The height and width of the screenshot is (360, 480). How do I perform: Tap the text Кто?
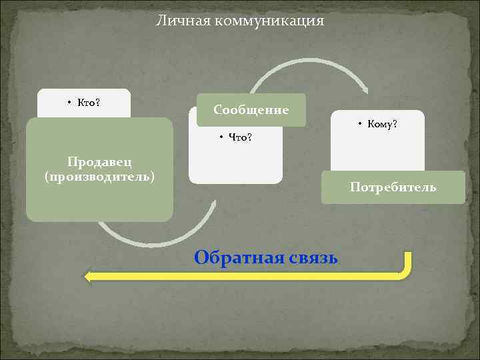[88, 102]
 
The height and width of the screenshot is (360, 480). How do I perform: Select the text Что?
[241, 138]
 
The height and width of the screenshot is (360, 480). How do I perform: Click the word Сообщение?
[251, 109]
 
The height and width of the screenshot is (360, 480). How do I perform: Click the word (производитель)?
[99, 177]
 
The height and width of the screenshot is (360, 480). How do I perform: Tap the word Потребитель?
[393, 187]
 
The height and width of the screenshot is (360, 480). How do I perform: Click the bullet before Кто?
[69, 103]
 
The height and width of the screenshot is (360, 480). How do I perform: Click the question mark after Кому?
[395, 124]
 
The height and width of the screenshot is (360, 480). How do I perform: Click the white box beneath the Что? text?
[235, 163]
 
